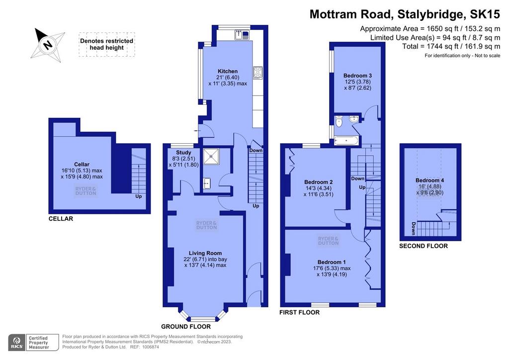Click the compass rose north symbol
(x=48, y=44)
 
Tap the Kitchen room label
(x=228, y=72)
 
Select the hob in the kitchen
(x=258, y=73)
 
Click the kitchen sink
(x=242, y=34)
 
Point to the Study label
(x=184, y=153)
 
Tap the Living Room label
(x=205, y=253)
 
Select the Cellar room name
(x=82, y=165)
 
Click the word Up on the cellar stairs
(x=139, y=196)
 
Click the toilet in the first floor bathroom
(x=339, y=121)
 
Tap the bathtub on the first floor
(x=346, y=141)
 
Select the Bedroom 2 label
(x=319, y=182)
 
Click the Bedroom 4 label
(x=430, y=180)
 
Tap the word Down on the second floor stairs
(x=413, y=229)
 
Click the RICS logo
(x=17, y=343)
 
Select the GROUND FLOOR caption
(x=186, y=327)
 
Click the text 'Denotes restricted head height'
(x=106, y=44)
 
